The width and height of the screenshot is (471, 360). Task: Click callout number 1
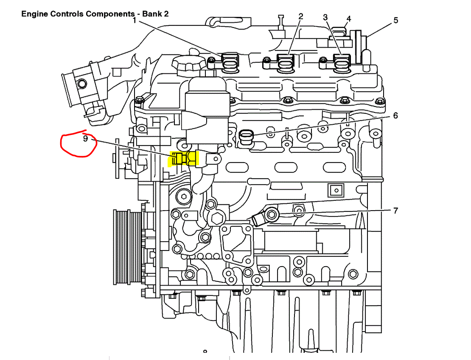pyautogui.click(x=135, y=20)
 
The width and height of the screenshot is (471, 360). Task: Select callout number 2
pyautogui.click(x=301, y=17)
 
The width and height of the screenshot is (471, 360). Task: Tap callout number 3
pyautogui.click(x=325, y=17)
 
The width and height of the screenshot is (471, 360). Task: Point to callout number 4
pyautogui.click(x=349, y=19)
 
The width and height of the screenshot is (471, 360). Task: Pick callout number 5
pyautogui.click(x=395, y=20)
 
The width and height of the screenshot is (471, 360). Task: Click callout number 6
pyautogui.click(x=395, y=115)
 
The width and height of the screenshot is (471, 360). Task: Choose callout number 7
pyautogui.click(x=395, y=210)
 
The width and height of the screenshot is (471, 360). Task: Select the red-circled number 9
pyautogui.click(x=85, y=138)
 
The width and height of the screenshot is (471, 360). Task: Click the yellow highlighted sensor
pyautogui.click(x=184, y=158)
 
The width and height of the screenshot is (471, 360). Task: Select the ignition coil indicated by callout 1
pyautogui.click(x=230, y=61)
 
